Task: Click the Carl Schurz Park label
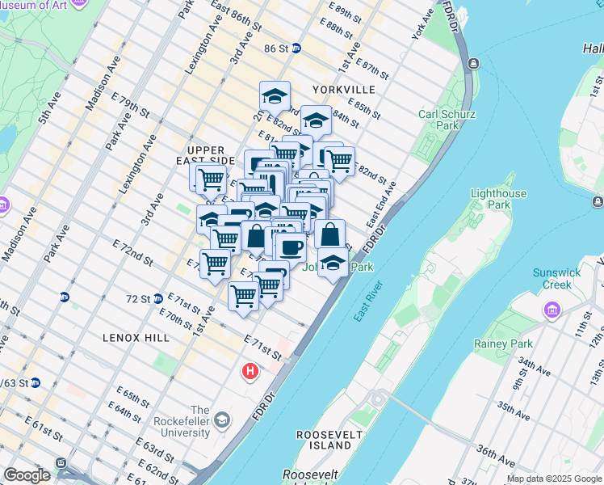click(438, 120)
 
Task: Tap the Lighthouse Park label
click(498, 199)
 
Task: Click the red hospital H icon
click(250, 372)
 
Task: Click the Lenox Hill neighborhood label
click(132, 337)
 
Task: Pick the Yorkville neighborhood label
click(348, 89)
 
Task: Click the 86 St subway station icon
click(296, 48)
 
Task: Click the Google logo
click(27, 475)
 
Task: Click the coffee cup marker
click(291, 246)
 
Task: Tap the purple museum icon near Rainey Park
click(552, 310)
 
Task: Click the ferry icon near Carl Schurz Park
click(472, 63)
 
